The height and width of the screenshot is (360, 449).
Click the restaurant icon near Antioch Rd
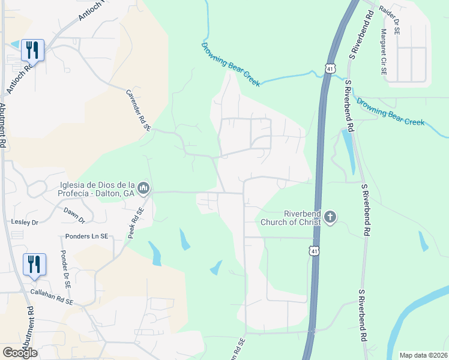32,49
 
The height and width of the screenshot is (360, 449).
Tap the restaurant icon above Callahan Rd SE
34,264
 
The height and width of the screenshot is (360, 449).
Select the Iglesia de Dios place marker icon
143,188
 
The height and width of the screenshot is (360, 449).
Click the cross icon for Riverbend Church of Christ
330,217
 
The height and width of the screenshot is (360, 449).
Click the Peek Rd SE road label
136,223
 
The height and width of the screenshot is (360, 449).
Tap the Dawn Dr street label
74,212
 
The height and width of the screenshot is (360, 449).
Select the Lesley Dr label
25,222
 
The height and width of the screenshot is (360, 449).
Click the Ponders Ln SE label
87,236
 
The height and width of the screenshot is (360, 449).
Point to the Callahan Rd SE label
51,297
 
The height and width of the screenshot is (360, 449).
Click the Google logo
20,353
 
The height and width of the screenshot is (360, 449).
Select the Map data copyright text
423,355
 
